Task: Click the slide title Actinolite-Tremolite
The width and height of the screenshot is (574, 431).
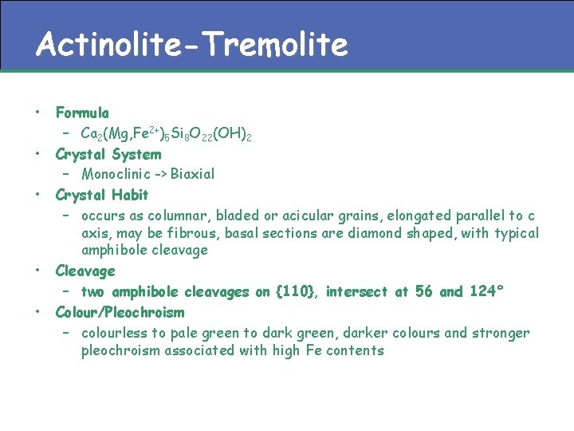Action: (191, 45)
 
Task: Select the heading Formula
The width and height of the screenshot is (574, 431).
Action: (82, 113)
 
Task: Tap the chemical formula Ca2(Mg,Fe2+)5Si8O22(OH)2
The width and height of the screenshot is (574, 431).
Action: (167, 132)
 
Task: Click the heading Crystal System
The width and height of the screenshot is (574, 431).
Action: (108, 154)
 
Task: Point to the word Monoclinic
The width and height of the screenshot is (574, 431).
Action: (112, 174)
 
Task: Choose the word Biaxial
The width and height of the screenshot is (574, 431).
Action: (192, 174)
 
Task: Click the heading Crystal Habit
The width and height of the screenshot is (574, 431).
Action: (102, 195)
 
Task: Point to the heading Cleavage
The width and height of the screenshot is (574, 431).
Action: (85, 271)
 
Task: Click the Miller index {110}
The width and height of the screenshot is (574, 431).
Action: (297, 292)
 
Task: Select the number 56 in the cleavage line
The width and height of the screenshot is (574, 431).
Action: (423, 292)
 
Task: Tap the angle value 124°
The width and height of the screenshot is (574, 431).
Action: (487, 292)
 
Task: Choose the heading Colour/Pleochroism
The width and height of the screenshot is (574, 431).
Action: (120, 312)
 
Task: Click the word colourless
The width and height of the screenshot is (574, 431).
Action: (115, 333)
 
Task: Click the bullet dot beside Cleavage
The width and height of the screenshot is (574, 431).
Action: (37, 270)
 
